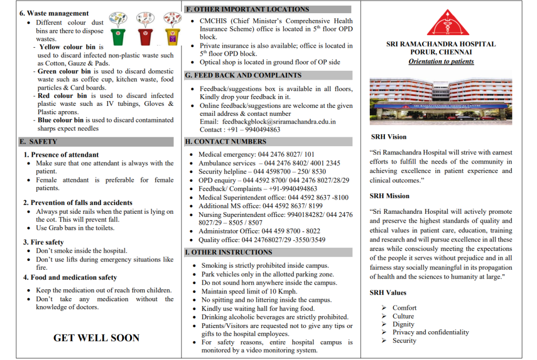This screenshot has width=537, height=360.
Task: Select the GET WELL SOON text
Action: tap(96, 338)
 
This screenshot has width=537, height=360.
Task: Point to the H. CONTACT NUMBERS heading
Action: tap(226, 141)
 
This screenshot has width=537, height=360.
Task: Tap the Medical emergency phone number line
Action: tap(256, 155)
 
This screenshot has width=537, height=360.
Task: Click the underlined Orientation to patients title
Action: tap(441, 61)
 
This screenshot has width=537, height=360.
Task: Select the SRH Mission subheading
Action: tap(390, 196)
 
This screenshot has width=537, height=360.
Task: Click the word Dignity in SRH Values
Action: tap(403, 324)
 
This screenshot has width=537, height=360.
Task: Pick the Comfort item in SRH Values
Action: tap(404, 308)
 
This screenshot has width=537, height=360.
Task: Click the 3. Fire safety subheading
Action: tap(44, 242)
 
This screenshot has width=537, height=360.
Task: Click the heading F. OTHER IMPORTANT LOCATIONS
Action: tap(248, 9)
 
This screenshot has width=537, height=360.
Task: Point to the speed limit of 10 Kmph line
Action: tap(249, 291)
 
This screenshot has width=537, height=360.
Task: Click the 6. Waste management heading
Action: tap(54, 13)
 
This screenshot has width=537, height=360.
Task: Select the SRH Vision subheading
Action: tap(389, 137)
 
